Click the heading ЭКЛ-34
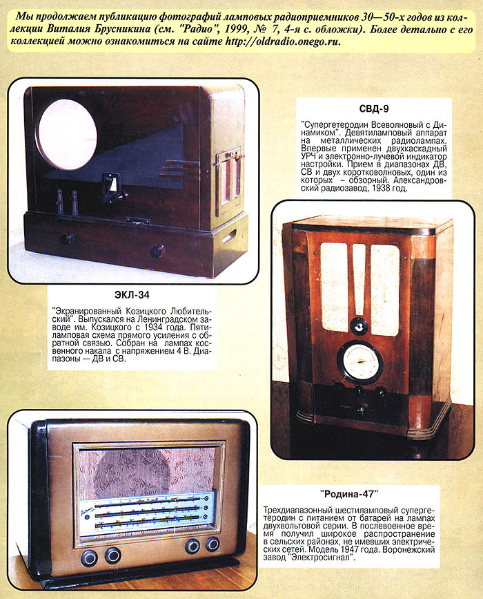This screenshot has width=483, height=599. (x=132, y=295)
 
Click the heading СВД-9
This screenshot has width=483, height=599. (x=374, y=109)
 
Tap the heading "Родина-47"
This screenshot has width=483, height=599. (x=349, y=494)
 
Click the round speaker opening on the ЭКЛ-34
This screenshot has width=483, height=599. (x=67, y=135)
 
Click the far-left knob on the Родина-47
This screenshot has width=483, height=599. (x=89, y=558)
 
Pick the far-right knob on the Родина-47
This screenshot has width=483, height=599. (x=213, y=544)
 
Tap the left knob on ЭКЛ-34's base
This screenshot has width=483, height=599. (x=67, y=238)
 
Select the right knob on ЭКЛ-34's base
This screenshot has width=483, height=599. (x=157, y=251)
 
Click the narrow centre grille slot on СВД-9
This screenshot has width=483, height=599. (x=359, y=280)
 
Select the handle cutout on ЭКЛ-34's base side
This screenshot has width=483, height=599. (x=229, y=236)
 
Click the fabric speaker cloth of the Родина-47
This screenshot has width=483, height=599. (x=147, y=474)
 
